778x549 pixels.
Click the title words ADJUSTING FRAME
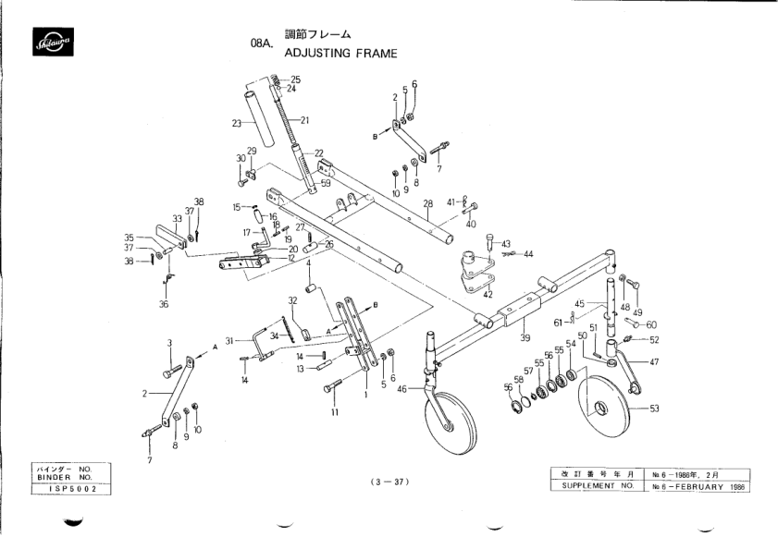[x=340, y=54]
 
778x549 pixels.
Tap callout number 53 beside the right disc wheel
[x=654, y=408]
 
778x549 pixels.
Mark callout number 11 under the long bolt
[x=334, y=412]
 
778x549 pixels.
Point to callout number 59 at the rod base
[x=325, y=184]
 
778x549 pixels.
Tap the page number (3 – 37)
[x=389, y=482]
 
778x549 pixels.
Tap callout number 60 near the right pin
[x=651, y=324]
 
